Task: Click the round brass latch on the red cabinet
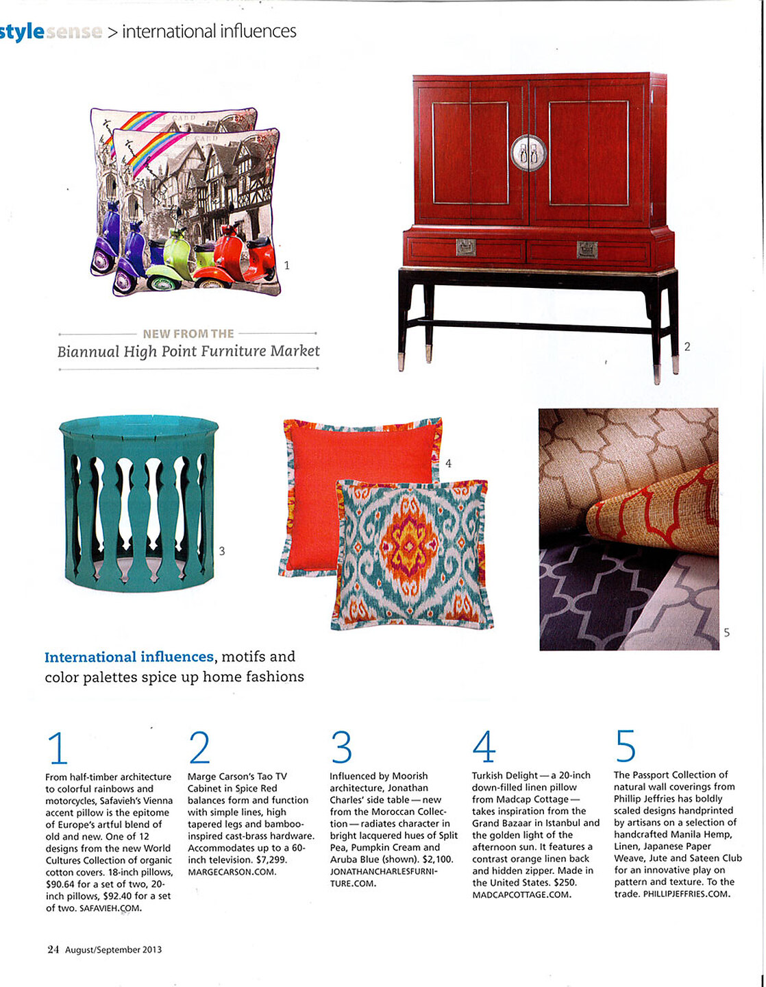[529, 153]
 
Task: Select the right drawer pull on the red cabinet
[586, 249]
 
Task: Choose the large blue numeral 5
[625, 746]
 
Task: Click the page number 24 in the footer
[53, 949]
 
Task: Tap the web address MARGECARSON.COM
[232, 872]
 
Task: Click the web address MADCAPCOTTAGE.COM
[521, 894]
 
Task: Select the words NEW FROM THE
[188, 334]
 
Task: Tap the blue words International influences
[129, 657]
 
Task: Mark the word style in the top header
[22, 32]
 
